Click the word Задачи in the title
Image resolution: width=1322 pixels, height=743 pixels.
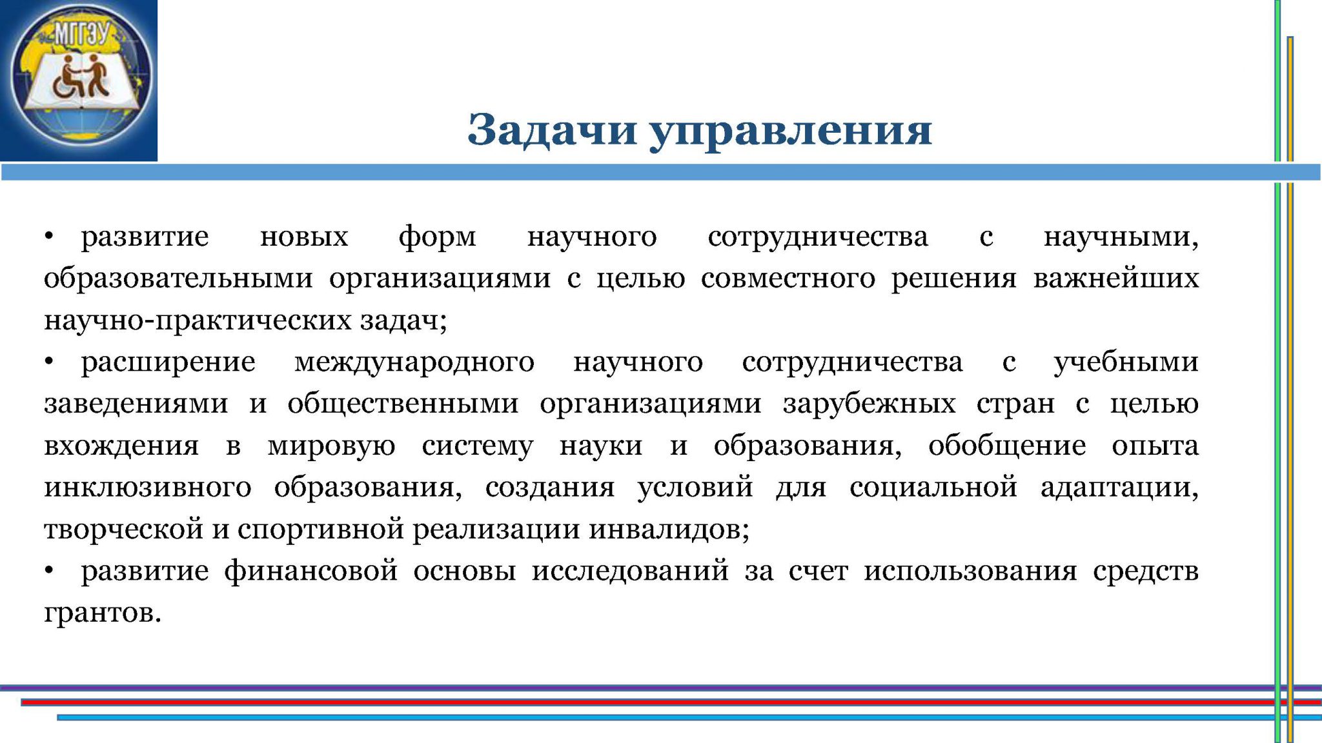click(x=553, y=130)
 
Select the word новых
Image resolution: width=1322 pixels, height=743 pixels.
click(x=304, y=237)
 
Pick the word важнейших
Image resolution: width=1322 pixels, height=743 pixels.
click(x=1116, y=277)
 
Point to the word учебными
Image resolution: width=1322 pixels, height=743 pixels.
click(x=1126, y=361)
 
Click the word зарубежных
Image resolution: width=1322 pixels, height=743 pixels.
click(x=869, y=404)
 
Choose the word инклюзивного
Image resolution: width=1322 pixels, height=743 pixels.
click(x=148, y=488)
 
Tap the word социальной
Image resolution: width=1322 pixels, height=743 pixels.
click(x=933, y=486)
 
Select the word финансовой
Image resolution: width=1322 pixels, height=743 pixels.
click(x=311, y=571)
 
